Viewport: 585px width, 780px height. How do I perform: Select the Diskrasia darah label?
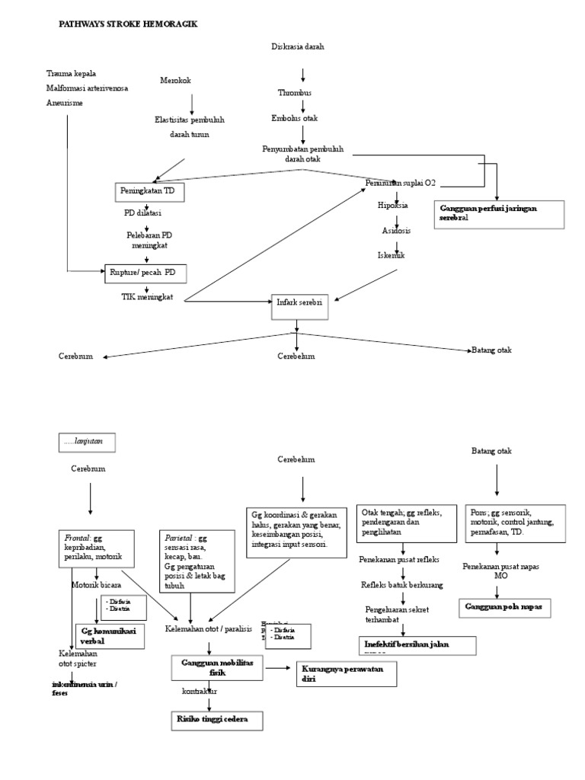point(298,46)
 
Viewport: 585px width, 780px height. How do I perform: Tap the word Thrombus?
point(294,93)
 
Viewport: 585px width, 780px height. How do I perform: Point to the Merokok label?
point(176,81)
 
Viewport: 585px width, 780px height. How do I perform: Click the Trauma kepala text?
point(71,73)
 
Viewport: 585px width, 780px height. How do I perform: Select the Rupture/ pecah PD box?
point(145,272)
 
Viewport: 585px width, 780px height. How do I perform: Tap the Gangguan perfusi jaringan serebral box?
point(497,213)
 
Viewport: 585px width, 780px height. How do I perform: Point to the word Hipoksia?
point(393,206)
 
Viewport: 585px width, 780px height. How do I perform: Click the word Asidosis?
point(396,230)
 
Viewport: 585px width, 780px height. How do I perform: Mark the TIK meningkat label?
point(147,297)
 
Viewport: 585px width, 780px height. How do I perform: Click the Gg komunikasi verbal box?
point(110,635)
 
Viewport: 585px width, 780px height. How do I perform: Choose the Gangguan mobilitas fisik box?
point(217,668)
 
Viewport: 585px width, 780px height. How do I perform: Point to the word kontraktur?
point(200,692)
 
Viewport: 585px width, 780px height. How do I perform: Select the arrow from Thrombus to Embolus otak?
point(302,106)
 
